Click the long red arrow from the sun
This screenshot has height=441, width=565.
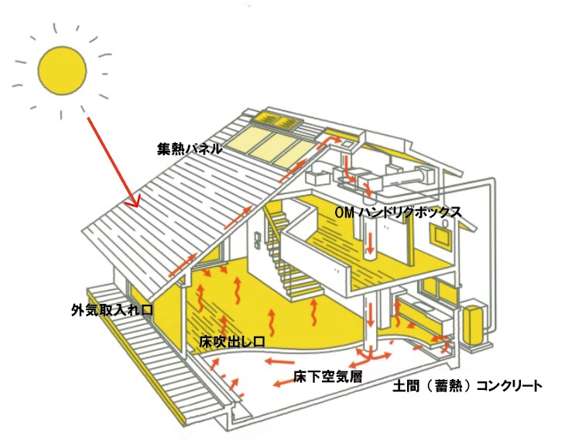click(113, 159)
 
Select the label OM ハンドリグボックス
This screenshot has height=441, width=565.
click(398, 211)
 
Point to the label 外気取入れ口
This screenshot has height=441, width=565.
click(111, 310)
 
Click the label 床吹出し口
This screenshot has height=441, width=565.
click(233, 340)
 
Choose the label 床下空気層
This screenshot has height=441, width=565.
click(324, 377)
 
